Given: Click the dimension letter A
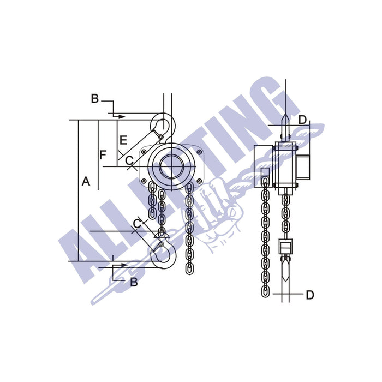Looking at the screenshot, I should [86, 182].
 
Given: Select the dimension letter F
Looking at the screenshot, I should [103, 155].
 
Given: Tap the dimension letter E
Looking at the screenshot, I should [123, 140].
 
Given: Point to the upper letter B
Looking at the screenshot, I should [94, 99].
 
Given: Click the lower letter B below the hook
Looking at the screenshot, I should [134, 283].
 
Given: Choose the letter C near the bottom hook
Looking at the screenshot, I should [138, 222].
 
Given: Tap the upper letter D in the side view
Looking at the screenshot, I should [303, 120].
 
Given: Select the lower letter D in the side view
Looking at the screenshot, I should [309, 295].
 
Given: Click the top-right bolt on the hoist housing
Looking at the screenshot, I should [199, 152].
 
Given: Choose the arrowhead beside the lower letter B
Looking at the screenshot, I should [125, 266].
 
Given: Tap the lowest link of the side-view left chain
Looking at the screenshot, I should [265, 289].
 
